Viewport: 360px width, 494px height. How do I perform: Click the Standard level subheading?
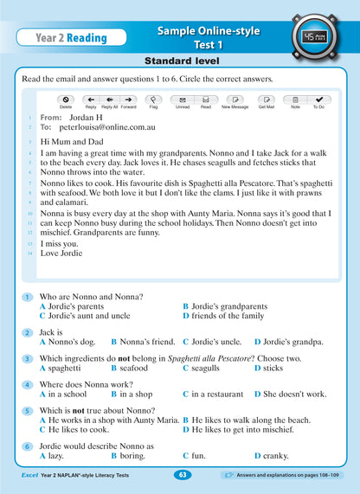[x=181, y=62]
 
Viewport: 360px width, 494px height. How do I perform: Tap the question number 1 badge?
[x=28, y=297]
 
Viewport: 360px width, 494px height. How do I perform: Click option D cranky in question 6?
[x=273, y=455]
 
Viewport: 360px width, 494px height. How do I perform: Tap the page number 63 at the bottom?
[x=181, y=475]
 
